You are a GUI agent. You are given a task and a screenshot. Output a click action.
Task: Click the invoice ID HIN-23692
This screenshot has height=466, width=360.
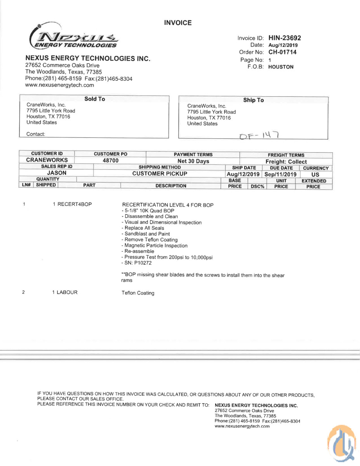tap(284, 38)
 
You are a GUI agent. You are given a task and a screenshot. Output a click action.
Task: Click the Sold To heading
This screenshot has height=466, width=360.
tap(94, 99)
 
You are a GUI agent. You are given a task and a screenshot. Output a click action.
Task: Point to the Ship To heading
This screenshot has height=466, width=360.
tap(253, 100)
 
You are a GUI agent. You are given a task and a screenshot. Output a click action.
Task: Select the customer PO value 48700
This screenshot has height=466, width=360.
tap(110, 160)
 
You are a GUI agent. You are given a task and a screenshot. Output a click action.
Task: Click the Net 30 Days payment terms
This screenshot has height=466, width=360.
tap(193, 161)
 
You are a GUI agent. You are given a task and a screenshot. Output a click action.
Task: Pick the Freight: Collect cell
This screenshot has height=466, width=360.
tap(286, 162)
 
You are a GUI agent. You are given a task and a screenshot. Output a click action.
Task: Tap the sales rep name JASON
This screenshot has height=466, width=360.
tap(57, 173)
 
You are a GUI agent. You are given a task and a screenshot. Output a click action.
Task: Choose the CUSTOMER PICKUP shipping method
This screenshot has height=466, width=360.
tap(160, 174)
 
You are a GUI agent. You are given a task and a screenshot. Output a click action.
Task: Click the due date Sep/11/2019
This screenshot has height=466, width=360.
tap(280, 174)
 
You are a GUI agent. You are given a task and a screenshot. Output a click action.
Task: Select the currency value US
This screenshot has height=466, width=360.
tap(315, 174)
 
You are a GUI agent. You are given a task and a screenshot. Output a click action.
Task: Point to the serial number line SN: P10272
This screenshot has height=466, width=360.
tap(136, 263)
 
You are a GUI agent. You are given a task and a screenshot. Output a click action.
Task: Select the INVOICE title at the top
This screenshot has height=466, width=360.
tap(178, 23)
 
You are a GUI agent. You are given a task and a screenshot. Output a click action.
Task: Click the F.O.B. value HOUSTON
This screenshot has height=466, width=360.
tap(281, 67)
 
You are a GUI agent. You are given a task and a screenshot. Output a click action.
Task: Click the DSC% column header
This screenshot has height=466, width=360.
tap(257, 186)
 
